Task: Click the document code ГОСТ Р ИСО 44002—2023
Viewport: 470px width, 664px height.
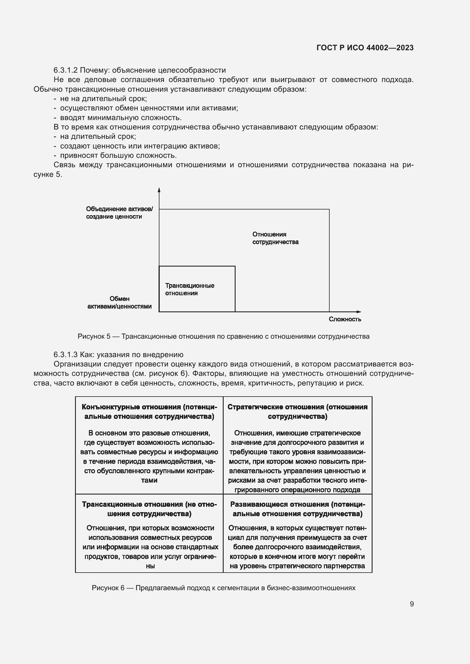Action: click(x=365, y=48)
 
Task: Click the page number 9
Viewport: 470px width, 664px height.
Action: click(x=411, y=604)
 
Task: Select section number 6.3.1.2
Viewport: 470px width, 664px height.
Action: click(x=65, y=70)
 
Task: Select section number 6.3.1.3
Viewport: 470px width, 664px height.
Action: click(x=65, y=355)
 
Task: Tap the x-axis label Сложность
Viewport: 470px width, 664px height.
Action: click(x=345, y=319)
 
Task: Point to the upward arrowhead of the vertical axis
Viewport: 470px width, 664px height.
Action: click(x=159, y=190)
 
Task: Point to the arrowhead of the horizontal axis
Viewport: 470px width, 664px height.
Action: click(x=359, y=312)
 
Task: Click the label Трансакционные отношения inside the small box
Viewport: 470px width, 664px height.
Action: click(x=190, y=289)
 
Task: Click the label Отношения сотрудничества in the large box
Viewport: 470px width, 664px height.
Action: click(x=275, y=238)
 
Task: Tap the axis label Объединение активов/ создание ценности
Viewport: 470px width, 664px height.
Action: click(x=119, y=213)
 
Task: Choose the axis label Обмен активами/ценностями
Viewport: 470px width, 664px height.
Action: click(x=119, y=303)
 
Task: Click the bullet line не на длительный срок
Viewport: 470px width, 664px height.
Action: click(x=103, y=99)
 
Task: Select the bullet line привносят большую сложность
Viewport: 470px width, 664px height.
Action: click(x=118, y=155)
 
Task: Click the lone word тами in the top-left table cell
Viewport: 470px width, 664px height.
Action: click(x=149, y=480)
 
